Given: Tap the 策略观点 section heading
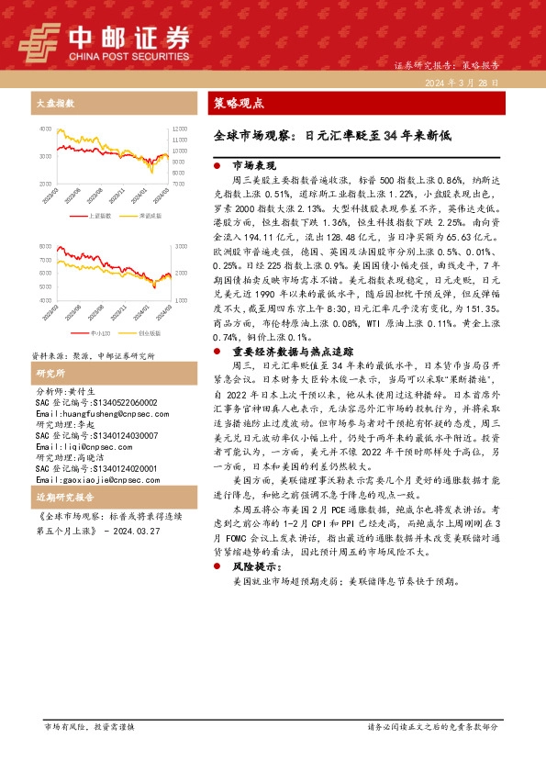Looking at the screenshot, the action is (x=238, y=103).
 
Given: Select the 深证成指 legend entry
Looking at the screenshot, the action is (x=147, y=215).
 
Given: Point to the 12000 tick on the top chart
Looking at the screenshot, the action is (x=179, y=129).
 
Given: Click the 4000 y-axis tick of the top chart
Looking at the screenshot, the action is (x=46, y=129).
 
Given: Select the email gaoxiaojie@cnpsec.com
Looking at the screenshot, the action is (x=88, y=480).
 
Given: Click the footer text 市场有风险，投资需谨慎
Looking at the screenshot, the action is (x=90, y=753).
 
